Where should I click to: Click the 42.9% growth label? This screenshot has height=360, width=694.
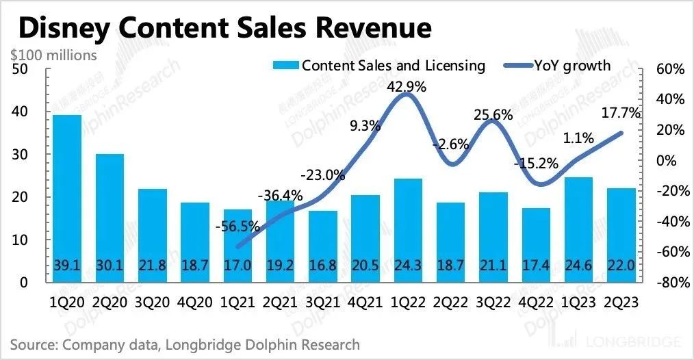click(x=407, y=87)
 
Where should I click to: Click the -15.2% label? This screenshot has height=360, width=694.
click(x=537, y=164)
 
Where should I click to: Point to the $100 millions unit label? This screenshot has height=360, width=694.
click(x=53, y=55)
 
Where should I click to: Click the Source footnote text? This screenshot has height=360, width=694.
click(x=185, y=344)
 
